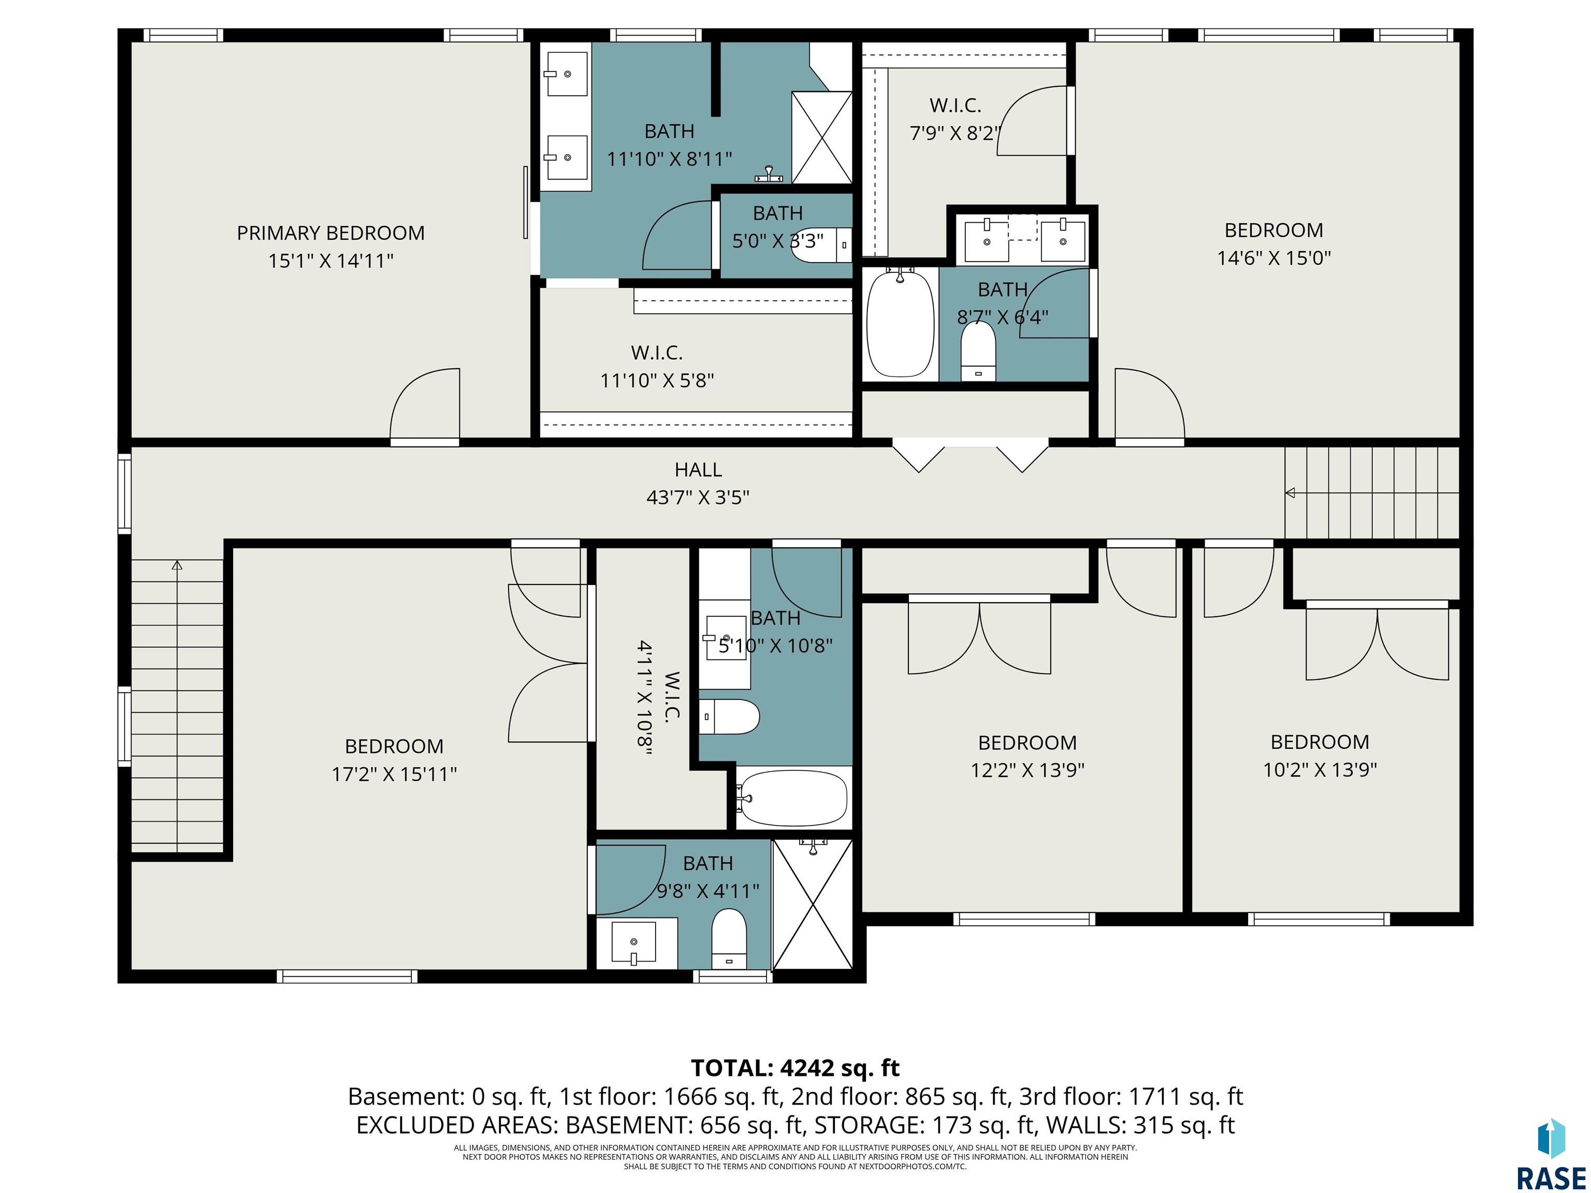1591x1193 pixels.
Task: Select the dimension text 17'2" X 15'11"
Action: [x=394, y=774]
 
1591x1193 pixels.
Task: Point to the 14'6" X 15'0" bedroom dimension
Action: [x=1274, y=257]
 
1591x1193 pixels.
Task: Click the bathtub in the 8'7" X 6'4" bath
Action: [x=900, y=324]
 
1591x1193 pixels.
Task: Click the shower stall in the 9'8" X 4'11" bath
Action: [x=812, y=904]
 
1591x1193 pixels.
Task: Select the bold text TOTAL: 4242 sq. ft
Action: [x=795, y=1068]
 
